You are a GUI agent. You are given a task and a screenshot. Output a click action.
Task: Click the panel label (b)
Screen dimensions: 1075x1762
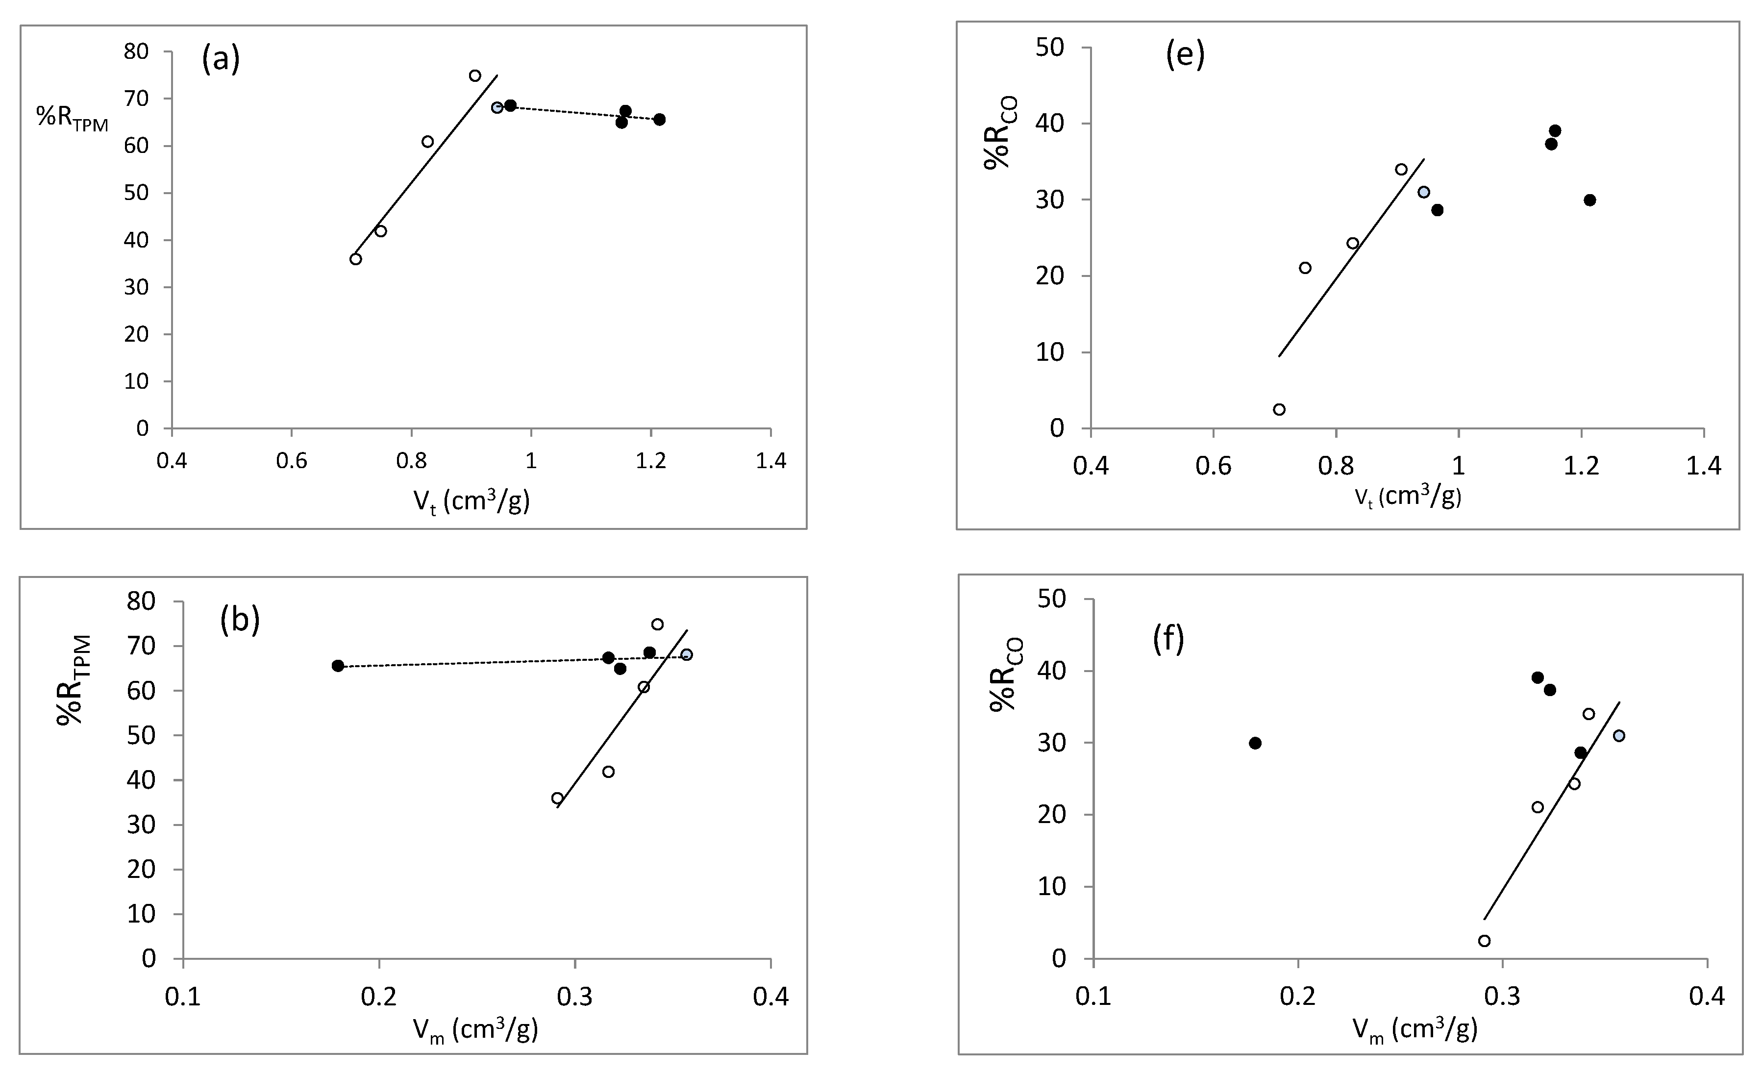[240, 620]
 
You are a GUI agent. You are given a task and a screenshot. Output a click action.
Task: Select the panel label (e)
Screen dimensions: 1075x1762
[1185, 55]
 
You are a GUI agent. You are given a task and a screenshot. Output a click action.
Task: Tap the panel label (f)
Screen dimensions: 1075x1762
[1168, 638]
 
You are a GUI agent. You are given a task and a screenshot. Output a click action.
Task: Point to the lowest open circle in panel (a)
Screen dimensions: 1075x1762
[355, 259]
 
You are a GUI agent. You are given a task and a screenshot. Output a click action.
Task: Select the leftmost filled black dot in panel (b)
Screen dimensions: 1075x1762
[338, 666]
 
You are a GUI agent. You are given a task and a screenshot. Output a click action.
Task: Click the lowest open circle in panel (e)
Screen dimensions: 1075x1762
[1279, 409]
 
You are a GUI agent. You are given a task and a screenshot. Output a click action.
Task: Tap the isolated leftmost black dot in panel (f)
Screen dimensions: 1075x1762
[1255, 743]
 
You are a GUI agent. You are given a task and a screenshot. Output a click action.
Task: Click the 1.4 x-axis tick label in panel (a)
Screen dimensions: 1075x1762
[770, 461]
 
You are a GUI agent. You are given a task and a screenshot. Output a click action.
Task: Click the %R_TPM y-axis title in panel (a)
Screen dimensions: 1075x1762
[72, 119]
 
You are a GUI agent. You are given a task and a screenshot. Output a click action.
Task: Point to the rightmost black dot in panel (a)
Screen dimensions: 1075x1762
[659, 120]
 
